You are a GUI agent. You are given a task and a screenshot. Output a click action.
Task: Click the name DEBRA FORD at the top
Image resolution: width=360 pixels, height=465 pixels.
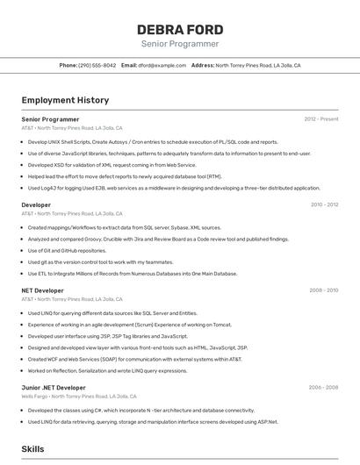click(180, 29)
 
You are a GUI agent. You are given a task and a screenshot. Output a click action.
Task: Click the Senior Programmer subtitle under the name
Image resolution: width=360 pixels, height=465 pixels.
click(180, 44)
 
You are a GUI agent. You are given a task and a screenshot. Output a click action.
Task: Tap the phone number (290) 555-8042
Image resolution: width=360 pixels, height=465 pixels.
click(97, 66)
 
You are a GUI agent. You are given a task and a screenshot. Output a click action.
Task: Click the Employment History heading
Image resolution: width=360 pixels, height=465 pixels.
click(65, 100)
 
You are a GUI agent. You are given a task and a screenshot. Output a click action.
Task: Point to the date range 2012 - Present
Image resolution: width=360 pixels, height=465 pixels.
click(321, 119)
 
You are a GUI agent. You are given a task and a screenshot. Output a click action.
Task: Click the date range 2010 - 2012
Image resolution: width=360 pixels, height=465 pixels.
click(324, 204)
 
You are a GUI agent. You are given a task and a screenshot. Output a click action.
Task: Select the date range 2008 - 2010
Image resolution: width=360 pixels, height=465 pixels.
click(324, 290)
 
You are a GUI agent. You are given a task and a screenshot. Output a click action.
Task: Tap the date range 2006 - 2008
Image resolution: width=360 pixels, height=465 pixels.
click(324, 387)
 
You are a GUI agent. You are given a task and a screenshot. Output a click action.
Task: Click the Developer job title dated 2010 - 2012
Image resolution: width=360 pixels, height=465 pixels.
click(36, 204)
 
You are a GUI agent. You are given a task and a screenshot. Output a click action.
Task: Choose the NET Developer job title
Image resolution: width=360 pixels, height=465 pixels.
click(42, 290)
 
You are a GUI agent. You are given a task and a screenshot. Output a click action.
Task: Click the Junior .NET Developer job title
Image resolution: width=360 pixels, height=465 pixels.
click(54, 387)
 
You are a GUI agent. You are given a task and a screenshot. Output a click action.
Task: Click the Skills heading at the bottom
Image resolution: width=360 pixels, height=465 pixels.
click(32, 448)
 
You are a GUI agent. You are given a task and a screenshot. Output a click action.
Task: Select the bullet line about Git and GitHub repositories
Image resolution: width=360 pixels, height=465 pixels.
click(67, 250)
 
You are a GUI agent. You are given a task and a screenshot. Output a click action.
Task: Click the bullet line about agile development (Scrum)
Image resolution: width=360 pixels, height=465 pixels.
click(136, 325)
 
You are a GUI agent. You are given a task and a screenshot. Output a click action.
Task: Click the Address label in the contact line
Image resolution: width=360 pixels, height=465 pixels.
click(203, 66)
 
